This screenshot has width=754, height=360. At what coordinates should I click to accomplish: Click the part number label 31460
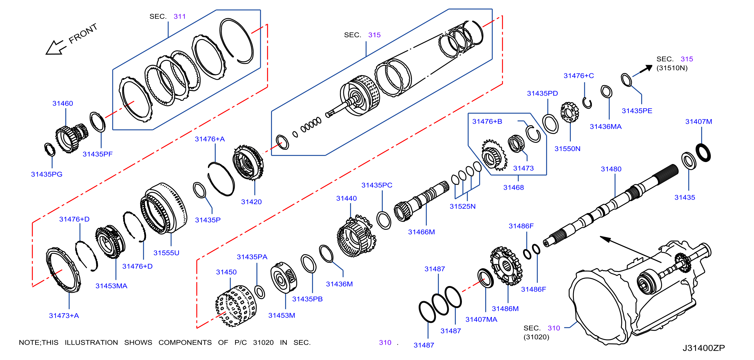tap(63, 103)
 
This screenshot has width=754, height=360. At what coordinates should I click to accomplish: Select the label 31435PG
tap(47, 174)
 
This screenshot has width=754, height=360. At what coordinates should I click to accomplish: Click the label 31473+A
tap(64, 316)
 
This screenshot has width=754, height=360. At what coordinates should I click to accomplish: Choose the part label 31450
tap(226, 272)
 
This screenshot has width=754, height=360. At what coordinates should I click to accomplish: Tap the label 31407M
tap(699, 122)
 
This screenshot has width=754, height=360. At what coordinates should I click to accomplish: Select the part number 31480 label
tap(611, 169)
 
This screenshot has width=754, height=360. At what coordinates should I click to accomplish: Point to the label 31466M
tap(421, 232)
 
